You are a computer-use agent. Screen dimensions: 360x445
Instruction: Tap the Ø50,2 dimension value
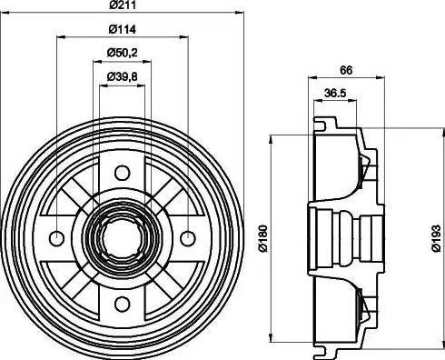122,54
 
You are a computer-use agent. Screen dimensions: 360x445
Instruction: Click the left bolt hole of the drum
56,238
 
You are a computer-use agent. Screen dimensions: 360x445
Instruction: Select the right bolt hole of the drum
187,238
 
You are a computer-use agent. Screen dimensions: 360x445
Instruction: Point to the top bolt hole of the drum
122,173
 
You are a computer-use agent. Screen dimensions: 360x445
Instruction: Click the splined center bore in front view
122,238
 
